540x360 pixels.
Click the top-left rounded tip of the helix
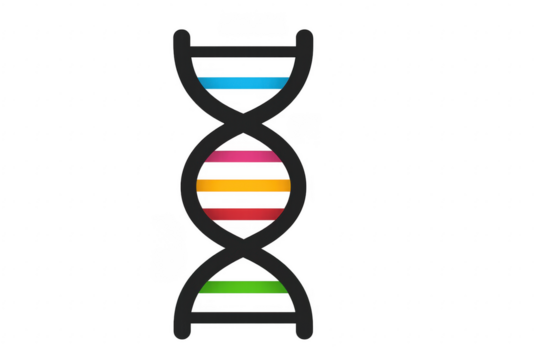pyautogui.click(x=181, y=37)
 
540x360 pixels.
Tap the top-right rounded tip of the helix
pyautogui.click(x=306, y=37)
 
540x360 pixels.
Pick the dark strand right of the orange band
pyautogui.click(x=299, y=184)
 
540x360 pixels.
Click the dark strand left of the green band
pyautogui.click(x=186, y=290)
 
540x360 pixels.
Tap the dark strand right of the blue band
pyautogui.click(x=297, y=75)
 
